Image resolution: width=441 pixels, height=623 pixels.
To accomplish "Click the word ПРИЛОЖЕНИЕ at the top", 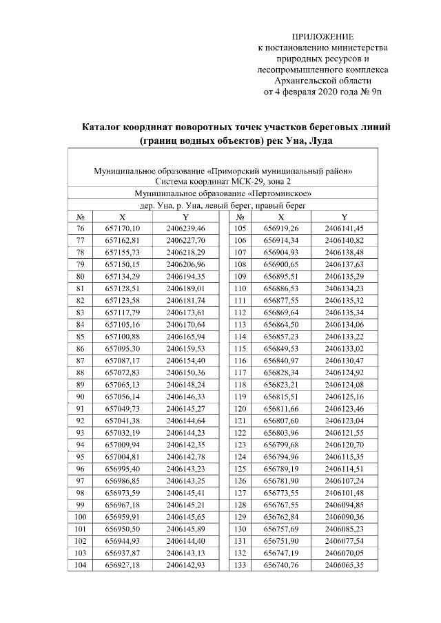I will point(322,36).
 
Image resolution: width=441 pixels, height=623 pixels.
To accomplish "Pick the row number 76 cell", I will point(81,228).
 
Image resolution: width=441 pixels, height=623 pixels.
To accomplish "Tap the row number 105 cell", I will point(240,228).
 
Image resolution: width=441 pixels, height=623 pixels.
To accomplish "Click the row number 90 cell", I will point(81,397).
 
